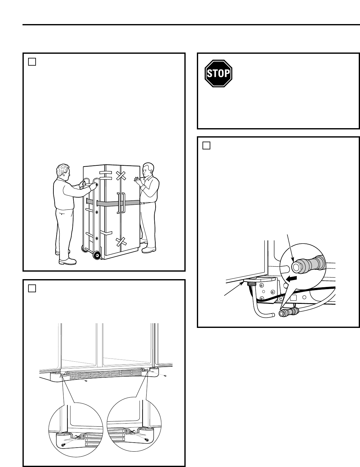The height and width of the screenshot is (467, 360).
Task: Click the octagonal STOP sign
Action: pyautogui.click(x=218, y=73)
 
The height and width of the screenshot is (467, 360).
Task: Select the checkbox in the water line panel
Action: pyautogui.click(x=206, y=145)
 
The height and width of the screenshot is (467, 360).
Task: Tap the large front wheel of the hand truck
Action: pyautogui.click(x=97, y=255)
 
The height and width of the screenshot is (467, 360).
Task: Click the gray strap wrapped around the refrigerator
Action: pyautogui.click(x=131, y=203)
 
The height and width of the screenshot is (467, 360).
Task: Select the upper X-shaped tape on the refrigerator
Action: pyautogui.click(x=121, y=175)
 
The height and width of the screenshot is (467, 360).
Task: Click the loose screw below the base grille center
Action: pyautogui.click(x=86, y=380)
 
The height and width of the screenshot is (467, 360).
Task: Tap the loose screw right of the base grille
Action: pyautogui.click(x=165, y=375)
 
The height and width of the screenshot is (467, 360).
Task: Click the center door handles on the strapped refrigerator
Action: pyautogui.click(x=120, y=203)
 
